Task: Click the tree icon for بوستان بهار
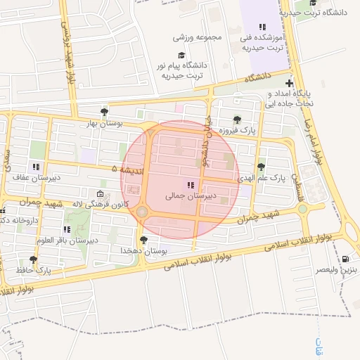[x=105, y=111]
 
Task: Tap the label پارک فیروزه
[x=239, y=131]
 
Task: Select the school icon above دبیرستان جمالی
[x=189, y=185]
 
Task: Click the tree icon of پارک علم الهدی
[x=262, y=167]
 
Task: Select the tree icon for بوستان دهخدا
[x=144, y=240]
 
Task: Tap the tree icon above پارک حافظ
[x=33, y=259]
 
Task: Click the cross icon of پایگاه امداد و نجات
[x=290, y=84]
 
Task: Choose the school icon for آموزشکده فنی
[x=263, y=27]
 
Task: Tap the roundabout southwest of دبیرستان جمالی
[x=142, y=212]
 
